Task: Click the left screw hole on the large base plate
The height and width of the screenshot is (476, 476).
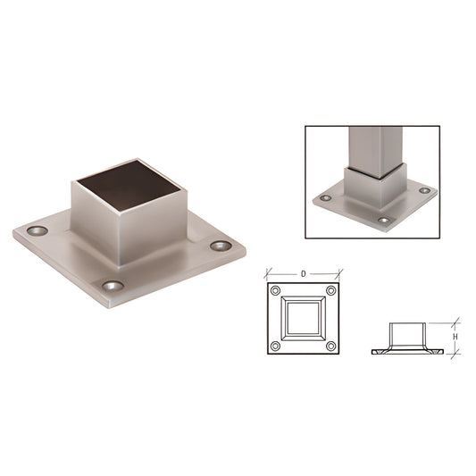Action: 37,230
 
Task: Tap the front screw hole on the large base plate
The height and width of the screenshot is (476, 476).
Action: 112,286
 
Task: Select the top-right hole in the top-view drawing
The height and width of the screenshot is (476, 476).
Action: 330,291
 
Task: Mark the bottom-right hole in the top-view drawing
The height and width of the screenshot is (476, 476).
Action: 330,346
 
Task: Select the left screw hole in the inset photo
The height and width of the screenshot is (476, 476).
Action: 326,197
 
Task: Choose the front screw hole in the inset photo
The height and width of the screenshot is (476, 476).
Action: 384,220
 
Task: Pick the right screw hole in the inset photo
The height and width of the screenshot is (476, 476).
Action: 424,190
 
